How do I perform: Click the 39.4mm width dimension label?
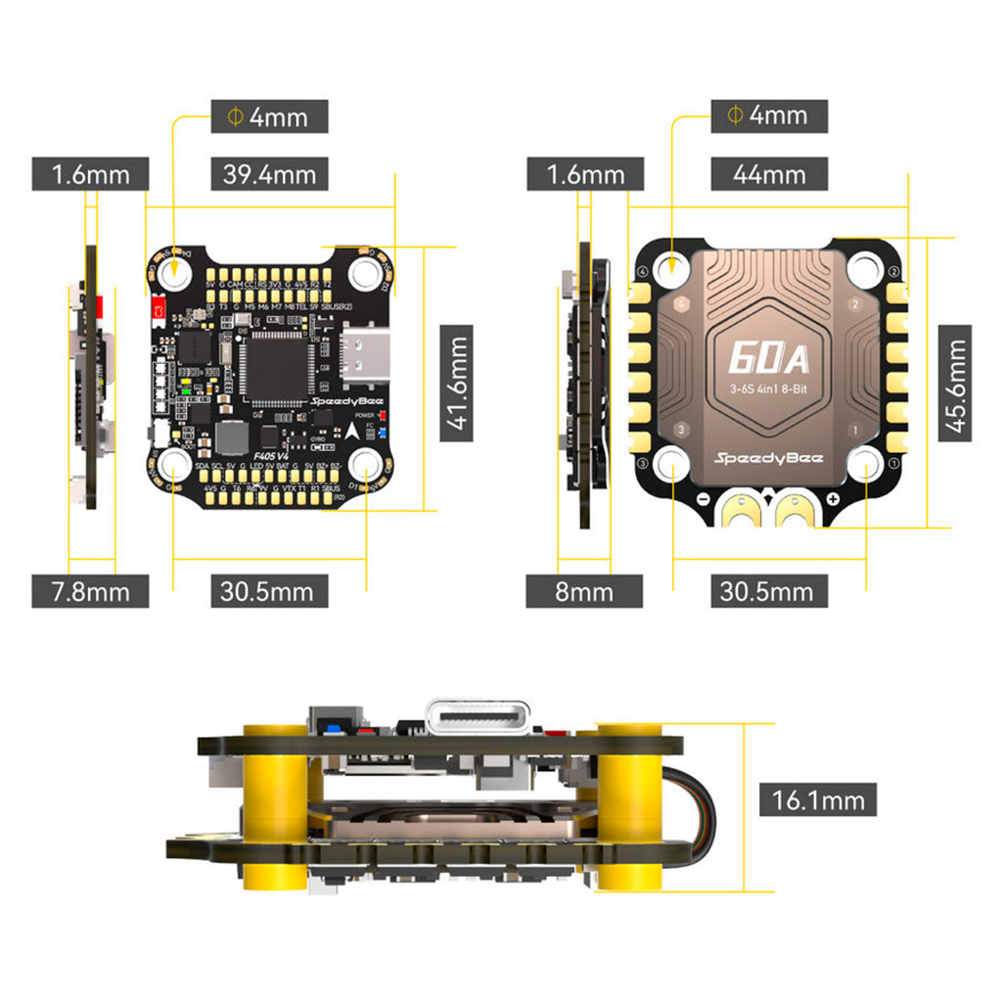(269, 174)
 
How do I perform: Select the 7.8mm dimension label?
(90, 591)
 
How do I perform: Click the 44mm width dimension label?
(770, 174)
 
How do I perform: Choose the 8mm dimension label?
(584, 591)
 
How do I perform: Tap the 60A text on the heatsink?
(768, 359)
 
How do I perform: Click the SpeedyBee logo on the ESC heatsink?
(768, 457)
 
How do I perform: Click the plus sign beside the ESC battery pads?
(832, 500)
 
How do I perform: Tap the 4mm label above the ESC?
(770, 115)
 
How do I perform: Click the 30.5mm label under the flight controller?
(269, 591)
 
